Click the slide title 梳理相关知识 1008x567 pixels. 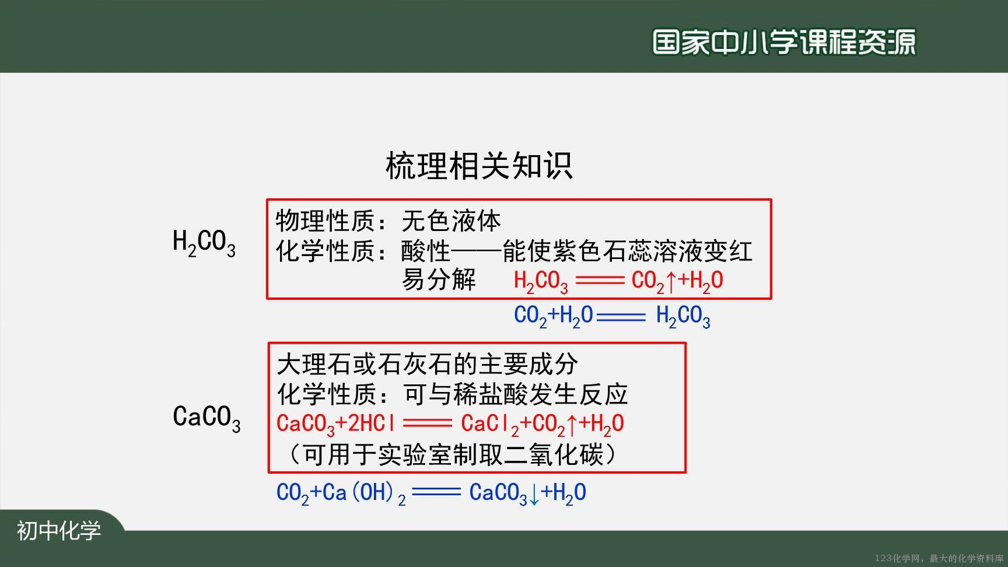coord(479,166)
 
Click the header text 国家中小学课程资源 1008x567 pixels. coord(784,42)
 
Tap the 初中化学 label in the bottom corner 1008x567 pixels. coord(59,531)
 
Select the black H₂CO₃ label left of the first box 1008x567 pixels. coord(204,243)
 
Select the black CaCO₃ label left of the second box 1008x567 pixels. coord(206,418)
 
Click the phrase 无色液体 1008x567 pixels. coord(452,221)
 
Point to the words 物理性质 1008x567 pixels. coord(325,221)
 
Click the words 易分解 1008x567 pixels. coord(439,279)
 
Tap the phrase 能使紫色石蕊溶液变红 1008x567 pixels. coord(628,251)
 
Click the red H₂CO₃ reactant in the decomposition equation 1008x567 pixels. coord(541,282)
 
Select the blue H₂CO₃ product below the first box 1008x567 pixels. coord(683,317)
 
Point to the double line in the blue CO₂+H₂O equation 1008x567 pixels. coord(621,317)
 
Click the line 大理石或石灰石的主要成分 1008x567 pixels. coord(428,364)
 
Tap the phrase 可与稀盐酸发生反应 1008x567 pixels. coord(516,394)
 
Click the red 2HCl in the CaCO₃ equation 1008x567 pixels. coord(372,423)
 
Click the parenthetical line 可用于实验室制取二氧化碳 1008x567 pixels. coord(453,454)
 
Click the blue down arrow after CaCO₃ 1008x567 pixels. coord(534,494)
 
